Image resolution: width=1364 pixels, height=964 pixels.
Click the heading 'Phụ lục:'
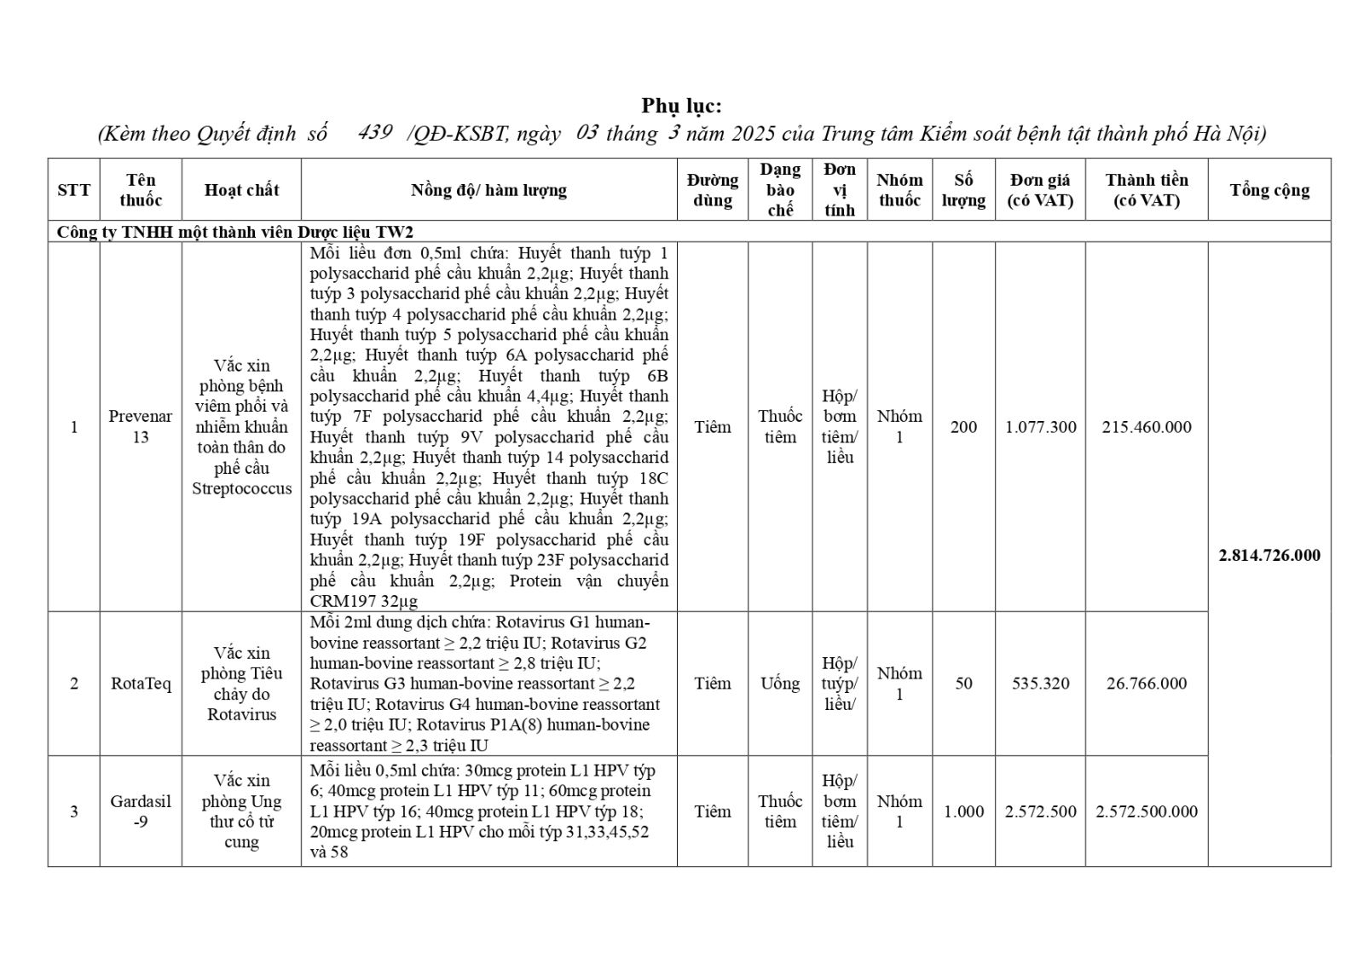click(681, 106)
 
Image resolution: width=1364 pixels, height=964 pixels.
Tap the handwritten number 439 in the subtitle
click(375, 132)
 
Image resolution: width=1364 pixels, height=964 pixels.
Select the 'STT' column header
click(73, 190)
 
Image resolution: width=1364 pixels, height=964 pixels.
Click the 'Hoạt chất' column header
click(241, 190)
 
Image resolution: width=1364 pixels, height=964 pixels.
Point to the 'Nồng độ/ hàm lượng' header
click(488, 190)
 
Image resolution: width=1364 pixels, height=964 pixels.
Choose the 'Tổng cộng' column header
click(1269, 190)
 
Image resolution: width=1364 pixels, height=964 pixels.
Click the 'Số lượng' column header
click(963, 190)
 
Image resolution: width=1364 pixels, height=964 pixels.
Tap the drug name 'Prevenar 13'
click(141, 426)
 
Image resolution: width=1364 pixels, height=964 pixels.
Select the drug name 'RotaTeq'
click(141, 684)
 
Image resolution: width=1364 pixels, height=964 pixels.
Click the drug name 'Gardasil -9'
click(141, 811)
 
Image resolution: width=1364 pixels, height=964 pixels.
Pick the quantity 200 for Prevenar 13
click(963, 427)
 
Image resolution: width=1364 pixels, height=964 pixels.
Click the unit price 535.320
click(1040, 684)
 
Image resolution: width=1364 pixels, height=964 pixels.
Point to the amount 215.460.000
click(1146, 427)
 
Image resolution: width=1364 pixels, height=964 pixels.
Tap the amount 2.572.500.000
click(1146, 811)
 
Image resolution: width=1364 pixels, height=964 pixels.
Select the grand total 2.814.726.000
click(1269, 555)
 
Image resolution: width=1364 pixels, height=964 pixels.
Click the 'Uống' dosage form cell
click(780, 684)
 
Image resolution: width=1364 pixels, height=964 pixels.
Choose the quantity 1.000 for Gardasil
click(963, 811)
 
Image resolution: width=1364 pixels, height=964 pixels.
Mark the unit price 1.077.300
click(1040, 427)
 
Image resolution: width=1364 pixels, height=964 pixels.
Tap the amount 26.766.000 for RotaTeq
click(1146, 684)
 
